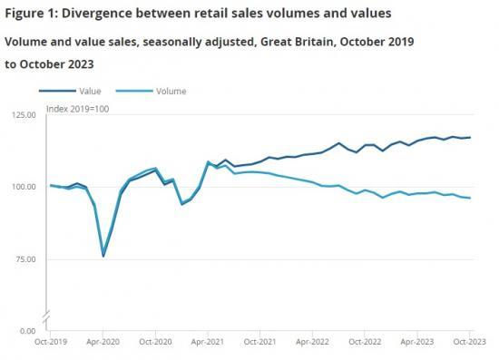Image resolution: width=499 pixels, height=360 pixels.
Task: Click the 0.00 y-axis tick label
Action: (27, 331)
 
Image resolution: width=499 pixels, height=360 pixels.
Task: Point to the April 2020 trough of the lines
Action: (103, 256)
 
